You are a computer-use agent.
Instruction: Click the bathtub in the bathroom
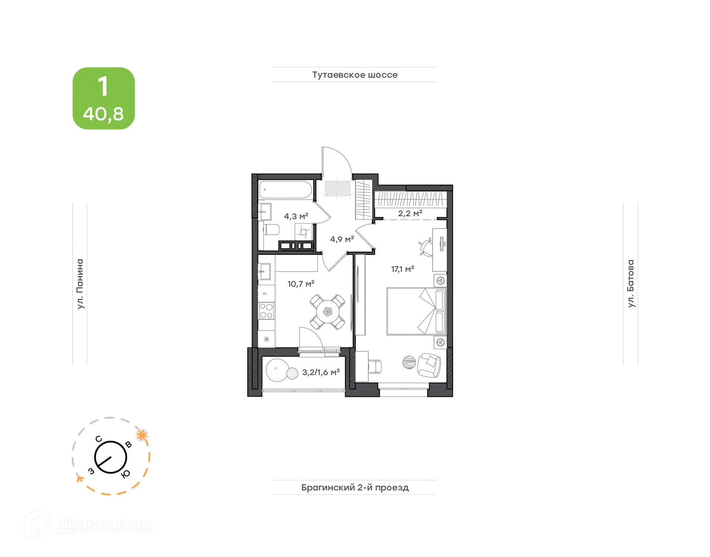click(285, 190)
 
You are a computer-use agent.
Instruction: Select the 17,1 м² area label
click(402, 269)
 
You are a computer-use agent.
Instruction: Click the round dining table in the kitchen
click(327, 312)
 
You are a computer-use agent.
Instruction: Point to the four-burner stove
click(266, 310)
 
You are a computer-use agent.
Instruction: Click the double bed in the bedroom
click(416, 312)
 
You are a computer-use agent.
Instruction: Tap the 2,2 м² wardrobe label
click(410, 213)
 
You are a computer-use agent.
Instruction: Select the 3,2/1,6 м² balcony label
click(321, 372)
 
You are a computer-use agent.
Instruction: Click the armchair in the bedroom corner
click(429, 365)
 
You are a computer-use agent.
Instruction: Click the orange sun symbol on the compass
click(142, 435)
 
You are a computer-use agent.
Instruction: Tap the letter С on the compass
click(98, 439)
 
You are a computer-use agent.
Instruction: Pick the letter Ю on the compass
click(126, 474)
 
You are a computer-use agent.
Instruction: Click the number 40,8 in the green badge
click(103, 114)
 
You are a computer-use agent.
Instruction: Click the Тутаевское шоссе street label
click(355, 75)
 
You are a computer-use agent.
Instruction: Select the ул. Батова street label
click(630, 283)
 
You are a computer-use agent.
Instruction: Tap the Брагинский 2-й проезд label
click(355, 487)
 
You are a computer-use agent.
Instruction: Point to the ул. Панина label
click(80, 283)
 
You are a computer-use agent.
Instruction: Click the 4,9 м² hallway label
click(342, 239)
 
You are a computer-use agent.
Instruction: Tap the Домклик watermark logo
click(89, 525)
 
